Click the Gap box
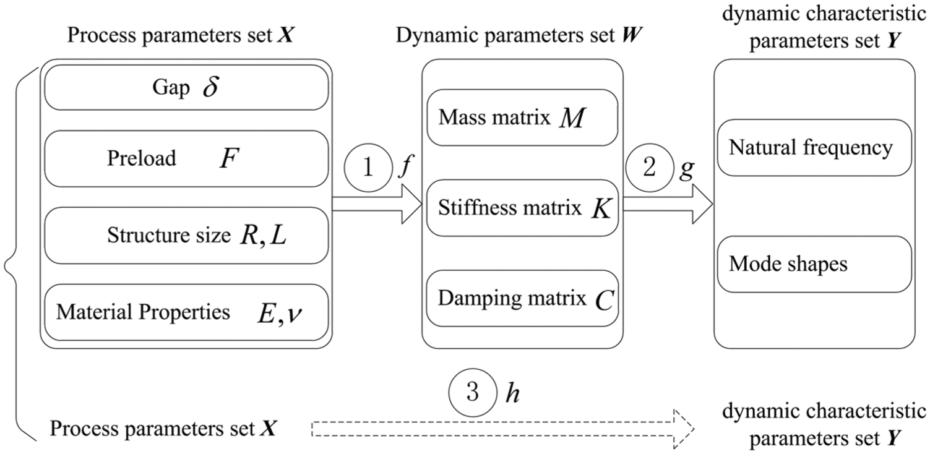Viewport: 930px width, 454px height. click(x=186, y=88)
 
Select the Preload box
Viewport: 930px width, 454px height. click(x=186, y=158)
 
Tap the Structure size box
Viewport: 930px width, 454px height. click(x=186, y=235)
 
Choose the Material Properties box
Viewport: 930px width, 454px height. click(x=186, y=312)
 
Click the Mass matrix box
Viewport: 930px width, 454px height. click(x=522, y=118)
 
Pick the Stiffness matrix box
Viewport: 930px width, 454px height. click(x=522, y=208)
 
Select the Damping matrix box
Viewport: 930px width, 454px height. click(x=522, y=298)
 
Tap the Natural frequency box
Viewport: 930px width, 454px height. click(x=814, y=148)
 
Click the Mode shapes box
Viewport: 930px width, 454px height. click(x=814, y=264)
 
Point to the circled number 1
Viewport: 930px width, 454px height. click(x=368, y=168)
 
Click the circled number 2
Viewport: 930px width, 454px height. click(x=650, y=168)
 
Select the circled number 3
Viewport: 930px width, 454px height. click(x=473, y=393)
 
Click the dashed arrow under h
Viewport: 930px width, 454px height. click(x=503, y=429)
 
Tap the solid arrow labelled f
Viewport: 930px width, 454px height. click(x=377, y=204)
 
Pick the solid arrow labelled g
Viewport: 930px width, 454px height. click(x=668, y=204)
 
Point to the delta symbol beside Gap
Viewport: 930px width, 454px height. click(x=210, y=87)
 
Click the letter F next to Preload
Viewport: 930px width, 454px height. click(x=229, y=158)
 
